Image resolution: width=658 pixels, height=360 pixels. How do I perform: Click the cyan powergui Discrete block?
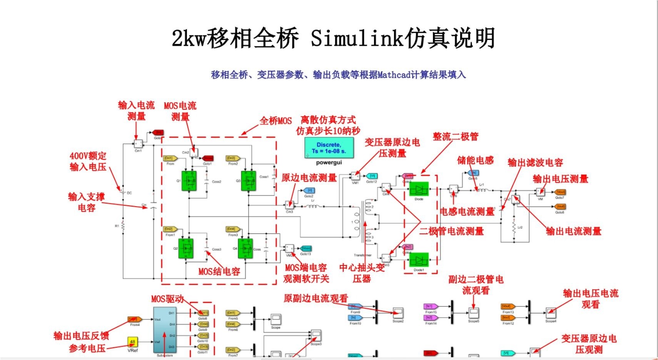(x=329, y=148)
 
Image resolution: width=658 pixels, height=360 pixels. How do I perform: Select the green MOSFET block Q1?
(x=189, y=180)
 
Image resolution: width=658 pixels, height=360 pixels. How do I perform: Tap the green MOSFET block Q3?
(x=248, y=180)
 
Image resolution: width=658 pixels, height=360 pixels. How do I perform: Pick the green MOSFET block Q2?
(x=186, y=248)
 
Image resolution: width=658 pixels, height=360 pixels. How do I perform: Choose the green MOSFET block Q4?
(x=245, y=248)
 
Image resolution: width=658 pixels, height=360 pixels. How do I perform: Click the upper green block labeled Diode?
(x=419, y=189)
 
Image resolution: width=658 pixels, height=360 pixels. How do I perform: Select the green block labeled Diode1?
(x=419, y=260)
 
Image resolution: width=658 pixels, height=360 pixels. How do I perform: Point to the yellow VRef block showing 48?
(x=132, y=342)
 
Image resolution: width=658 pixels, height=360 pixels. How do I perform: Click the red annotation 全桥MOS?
(x=276, y=121)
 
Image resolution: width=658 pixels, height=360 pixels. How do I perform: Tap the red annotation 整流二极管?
(x=456, y=137)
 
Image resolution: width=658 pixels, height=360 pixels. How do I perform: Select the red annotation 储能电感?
(x=475, y=160)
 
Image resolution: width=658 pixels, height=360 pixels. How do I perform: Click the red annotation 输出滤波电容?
(x=535, y=163)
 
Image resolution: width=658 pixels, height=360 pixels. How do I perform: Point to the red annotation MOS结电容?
(x=219, y=272)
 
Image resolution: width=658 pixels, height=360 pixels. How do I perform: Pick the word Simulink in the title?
(x=356, y=38)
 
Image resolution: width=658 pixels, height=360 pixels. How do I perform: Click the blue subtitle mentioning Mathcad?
(x=338, y=75)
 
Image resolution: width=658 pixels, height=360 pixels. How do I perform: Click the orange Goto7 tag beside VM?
(x=560, y=192)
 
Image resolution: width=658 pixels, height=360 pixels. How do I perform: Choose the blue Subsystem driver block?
(x=165, y=330)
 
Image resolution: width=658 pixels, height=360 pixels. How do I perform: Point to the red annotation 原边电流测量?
(x=309, y=178)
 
